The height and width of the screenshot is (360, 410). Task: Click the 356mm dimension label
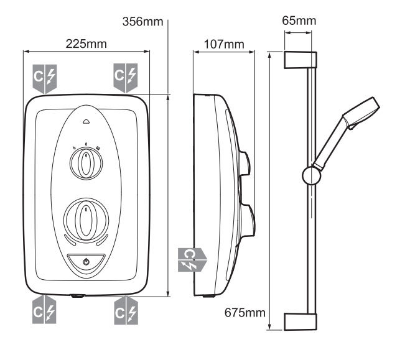click(x=143, y=22)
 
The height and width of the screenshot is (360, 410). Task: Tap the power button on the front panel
click(x=86, y=262)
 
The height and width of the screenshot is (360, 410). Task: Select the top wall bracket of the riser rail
click(x=301, y=60)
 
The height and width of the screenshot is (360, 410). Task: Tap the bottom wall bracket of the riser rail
click(x=301, y=321)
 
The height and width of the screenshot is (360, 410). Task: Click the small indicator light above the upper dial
click(x=86, y=122)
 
